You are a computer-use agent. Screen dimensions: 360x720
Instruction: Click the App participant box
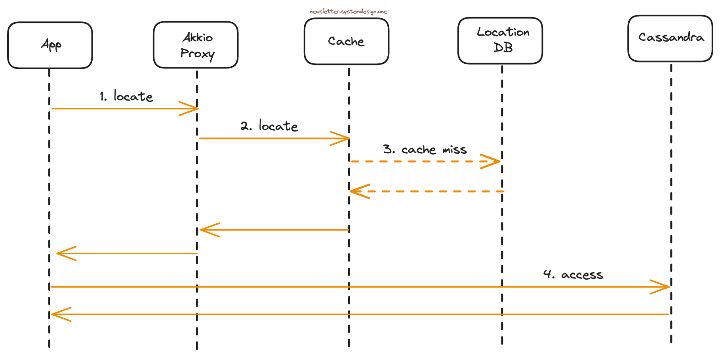click(50, 45)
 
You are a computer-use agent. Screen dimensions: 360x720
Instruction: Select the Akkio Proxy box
click(196, 45)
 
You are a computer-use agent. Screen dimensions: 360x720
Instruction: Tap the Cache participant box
click(346, 41)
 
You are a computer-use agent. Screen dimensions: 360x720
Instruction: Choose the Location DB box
click(500, 40)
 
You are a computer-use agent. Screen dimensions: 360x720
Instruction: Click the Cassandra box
click(670, 38)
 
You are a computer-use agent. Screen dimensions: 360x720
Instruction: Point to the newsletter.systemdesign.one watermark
click(348, 11)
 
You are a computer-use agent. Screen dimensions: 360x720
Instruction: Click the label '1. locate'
click(126, 96)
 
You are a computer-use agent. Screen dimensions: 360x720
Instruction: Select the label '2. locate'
click(269, 126)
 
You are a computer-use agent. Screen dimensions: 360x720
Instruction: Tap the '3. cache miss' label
click(425, 149)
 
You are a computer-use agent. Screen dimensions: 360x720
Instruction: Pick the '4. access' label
click(573, 274)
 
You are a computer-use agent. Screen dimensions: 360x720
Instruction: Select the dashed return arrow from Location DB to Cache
click(428, 191)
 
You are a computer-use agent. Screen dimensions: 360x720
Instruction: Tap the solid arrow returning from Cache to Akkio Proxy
click(277, 230)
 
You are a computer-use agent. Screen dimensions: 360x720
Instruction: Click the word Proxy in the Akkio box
click(197, 54)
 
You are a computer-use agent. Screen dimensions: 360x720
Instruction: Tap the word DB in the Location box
click(503, 48)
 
